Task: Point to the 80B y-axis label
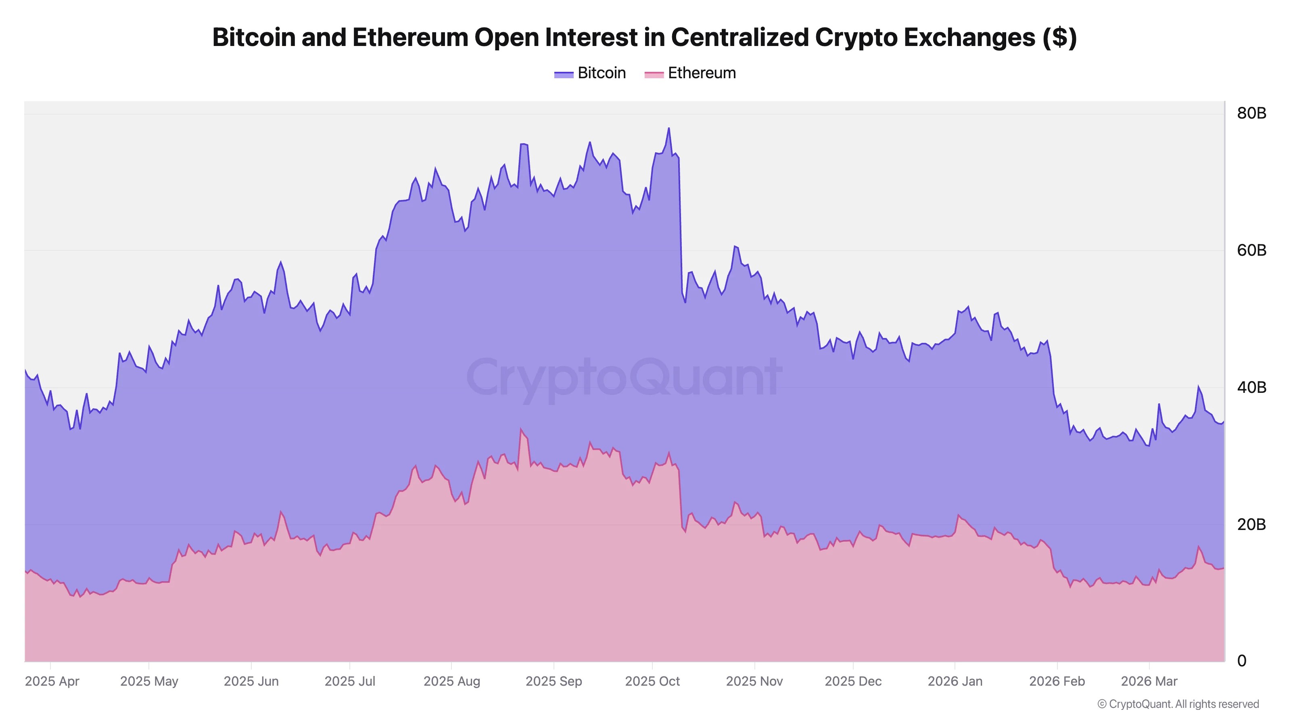[x=1251, y=113]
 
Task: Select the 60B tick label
[x=1251, y=250]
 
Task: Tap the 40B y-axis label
[x=1251, y=387]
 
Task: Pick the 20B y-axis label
[x=1251, y=524]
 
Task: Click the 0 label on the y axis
[x=1241, y=661]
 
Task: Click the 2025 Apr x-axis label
[x=52, y=681]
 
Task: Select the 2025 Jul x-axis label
[x=350, y=681]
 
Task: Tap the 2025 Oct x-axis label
[x=652, y=681]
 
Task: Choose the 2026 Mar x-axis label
[x=1149, y=681]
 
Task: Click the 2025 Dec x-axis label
[x=853, y=681]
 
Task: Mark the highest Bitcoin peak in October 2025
[x=668, y=128]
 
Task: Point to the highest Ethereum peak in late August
[x=521, y=430]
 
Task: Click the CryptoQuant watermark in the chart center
[x=624, y=377]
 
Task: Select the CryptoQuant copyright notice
[x=1178, y=704]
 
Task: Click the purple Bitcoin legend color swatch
[x=563, y=74]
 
